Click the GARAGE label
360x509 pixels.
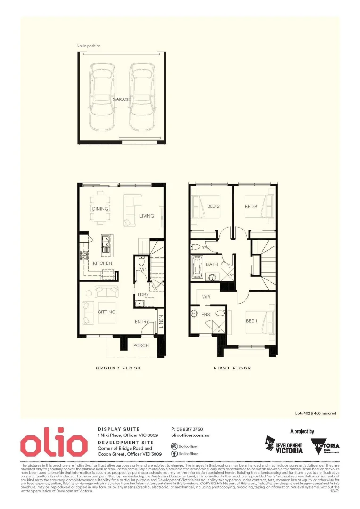coord(122,99)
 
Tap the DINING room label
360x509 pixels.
coord(100,209)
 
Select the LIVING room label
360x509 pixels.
coord(147,216)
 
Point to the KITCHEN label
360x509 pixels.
coord(102,263)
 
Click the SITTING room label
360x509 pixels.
coord(107,312)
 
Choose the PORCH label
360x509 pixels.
coord(141,345)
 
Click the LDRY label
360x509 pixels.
coord(143,295)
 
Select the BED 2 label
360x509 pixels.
coord(214,206)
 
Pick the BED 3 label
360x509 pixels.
coord(251,206)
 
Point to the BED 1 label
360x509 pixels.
coord(252,321)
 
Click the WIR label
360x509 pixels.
coord(206,297)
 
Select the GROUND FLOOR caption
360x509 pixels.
coord(118,368)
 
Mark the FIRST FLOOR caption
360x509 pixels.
coord(232,368)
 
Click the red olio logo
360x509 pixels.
coord(54,444)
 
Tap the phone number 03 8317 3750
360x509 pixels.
coord(187,429)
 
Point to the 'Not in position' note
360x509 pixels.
coord(89,46)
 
